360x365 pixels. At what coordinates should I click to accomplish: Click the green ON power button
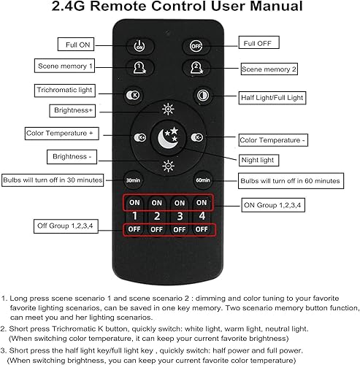pos(139,46)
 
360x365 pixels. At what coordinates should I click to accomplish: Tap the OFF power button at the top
pos(196,46)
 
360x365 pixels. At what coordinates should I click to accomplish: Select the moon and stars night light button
pos(168,137)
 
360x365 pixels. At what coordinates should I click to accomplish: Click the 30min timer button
pos(133,180)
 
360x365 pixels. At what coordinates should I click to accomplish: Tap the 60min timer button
pos(202,180)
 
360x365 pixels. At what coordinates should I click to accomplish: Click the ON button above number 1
pos(134,202)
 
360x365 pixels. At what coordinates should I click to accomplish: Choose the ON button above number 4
pos(202,202)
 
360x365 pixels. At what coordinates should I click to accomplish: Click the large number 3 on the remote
pos(180,216)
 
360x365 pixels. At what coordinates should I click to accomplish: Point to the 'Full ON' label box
pos(79,45)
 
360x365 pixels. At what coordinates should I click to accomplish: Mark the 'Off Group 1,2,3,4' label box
pos(65,226)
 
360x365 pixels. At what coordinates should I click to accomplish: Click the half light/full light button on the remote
pos(202,95)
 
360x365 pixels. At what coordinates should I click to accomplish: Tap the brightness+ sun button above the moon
pos(168,109)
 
